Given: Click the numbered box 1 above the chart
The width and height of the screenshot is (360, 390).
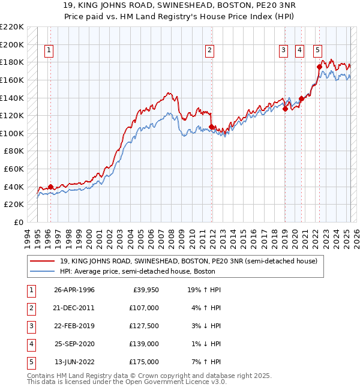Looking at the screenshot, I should coord(49,51).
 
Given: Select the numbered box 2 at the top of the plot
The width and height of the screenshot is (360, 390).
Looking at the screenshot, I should coord(209,51).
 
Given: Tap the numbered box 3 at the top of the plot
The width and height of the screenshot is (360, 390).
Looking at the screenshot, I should coord(283,51).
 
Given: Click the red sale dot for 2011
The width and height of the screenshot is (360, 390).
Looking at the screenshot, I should coord(212,127).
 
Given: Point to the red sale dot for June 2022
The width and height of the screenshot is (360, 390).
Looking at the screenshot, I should coord(319,67).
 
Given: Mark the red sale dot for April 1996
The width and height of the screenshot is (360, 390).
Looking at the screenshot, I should coord(50,187).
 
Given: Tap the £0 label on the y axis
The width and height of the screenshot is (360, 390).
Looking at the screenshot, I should coord(19,222).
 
